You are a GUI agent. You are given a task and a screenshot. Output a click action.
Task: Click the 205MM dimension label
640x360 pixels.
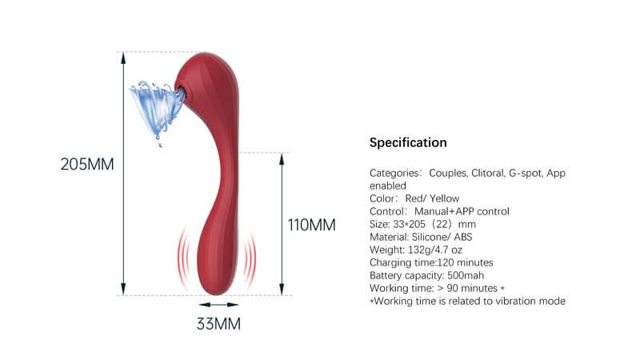click(x=87, y=165)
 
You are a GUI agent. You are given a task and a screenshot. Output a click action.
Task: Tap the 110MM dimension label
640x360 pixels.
click(x=311, y=224)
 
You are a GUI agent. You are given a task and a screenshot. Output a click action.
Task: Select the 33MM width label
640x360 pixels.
click(x=218, y=324)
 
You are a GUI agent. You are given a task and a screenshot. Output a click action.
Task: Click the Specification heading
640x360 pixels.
click(x=408, y=143)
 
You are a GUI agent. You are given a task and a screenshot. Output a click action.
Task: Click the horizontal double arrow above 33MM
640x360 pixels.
click(x=219, y=304)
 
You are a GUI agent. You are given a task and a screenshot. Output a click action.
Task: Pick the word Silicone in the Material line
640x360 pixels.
click(x=434, y=237)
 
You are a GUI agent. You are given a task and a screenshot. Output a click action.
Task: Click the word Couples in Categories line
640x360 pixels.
click(x=450, y=173)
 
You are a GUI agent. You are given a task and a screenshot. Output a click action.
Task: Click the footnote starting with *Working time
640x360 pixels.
click(x=468, y=301)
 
